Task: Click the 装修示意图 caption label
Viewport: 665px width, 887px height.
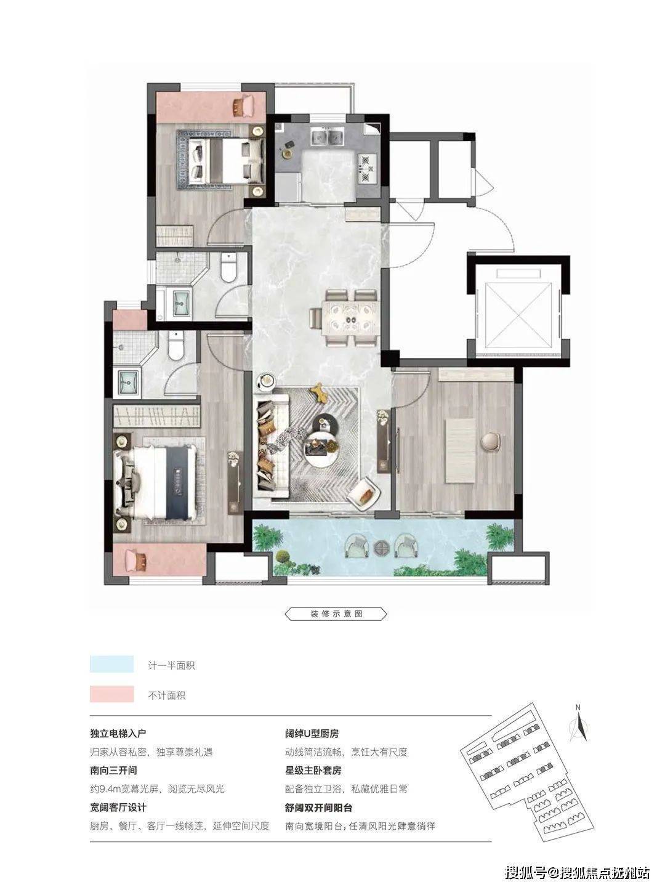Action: coord(336,614)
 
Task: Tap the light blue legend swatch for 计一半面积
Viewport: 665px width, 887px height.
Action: coord(112,665)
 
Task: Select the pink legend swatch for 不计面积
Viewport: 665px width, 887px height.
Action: coord(112,694)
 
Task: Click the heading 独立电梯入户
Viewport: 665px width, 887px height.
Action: coord(118,734)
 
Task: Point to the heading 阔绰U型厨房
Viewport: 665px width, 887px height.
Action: coord(312,734)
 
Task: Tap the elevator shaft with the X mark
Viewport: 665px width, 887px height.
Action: coord(519,314)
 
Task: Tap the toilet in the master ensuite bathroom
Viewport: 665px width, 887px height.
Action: coord(176,346)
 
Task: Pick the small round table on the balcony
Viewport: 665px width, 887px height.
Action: coord(381,548)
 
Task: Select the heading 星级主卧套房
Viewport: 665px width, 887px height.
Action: coord(313,770)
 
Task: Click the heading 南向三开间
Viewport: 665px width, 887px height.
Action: coord(113,770)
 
